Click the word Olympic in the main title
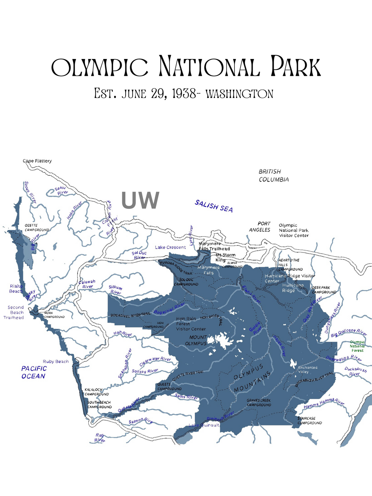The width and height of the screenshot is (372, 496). coord(100,67)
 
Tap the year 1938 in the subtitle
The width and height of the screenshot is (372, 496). coord(184,94)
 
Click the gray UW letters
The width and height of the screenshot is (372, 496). coord(140,200)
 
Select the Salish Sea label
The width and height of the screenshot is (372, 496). coord(214,206)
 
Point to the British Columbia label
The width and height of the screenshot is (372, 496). coord(274,176)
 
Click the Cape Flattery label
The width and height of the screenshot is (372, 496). coord(37,161)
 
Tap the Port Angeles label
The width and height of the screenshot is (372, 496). coord(260,227)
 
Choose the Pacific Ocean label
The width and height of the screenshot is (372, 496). coord(34,372)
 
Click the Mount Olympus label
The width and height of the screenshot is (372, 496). coord(196,340)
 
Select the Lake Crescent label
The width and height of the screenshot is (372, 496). coord(170,247)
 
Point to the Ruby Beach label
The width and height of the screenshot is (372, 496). coord(56,362)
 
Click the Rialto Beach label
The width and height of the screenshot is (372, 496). coord(16,289)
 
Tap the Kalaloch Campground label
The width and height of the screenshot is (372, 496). coord(97,392)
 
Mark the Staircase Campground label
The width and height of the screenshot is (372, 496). coord(309,421)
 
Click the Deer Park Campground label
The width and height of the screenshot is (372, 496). coord(324,290)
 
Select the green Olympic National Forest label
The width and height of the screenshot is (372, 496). coord(357,346)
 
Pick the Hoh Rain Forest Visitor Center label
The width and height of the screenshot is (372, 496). coord(191,324)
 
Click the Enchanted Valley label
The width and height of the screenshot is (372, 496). coord(307,370)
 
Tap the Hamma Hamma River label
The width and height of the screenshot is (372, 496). coord(324,403)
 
